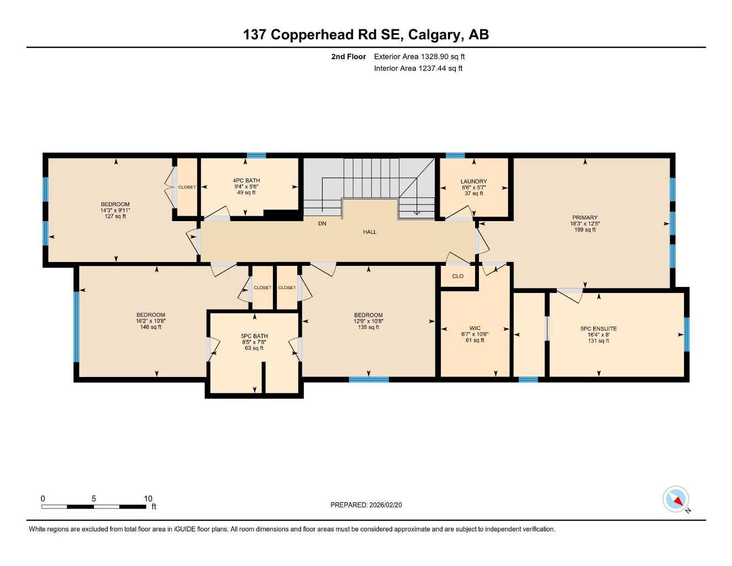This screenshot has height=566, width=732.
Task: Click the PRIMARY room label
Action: [x=584, y=218]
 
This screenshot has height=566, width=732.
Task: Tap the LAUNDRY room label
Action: [x=473, y=181]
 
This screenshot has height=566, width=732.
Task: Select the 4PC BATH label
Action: [x=246, y=181]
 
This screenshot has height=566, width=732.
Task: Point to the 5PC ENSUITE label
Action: [x=598, y=329]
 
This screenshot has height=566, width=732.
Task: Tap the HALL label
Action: [x=370, y=232]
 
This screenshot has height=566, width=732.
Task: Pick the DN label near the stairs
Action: [x=322, y=224]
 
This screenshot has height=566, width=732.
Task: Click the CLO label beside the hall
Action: [x=457, y=276]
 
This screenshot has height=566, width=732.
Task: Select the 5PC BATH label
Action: [x=254, y=336]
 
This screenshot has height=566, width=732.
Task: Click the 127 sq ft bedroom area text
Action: [x=115, y=217]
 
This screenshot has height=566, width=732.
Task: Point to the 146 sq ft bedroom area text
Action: [x=151, y=327]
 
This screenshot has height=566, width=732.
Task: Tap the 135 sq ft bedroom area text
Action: [x=368, y=327]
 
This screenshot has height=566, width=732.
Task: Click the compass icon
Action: [x=676, y=500]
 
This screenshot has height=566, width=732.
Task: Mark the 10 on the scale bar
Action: [x=148, y=499]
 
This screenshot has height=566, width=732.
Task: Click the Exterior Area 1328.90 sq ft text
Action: [x=419, y=56]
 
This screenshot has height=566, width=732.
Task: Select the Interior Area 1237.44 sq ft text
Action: [x=418, y=69]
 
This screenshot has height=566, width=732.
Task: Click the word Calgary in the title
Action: [x=435, y=35]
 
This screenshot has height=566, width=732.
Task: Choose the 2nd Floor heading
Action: [x=349, y=56]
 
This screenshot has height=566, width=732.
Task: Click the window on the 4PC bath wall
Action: [x=256, y=156]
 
